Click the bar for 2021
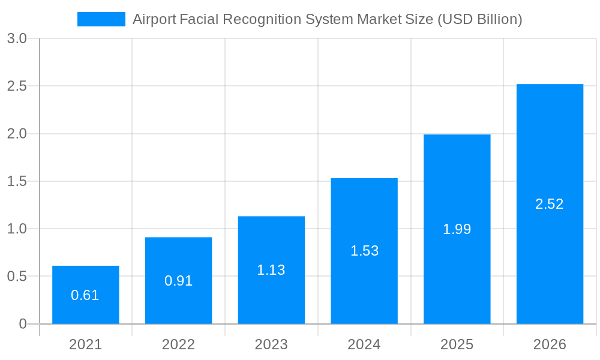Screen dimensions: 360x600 (x=85, y=312)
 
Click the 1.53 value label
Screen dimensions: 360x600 (x=364, y=251)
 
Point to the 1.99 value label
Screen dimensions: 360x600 (x=457, y=229)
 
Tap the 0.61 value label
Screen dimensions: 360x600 (x=85, y=295)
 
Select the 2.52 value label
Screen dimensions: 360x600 (x=550, y=204)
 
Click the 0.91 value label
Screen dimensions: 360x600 (x=178, y=281)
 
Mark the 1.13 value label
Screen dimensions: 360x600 (x=271, y=270)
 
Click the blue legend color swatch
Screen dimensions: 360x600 (x=101, y=19)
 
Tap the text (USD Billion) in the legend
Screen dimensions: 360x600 (x=479, y=19)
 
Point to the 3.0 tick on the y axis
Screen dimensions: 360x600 (x=17, y=38)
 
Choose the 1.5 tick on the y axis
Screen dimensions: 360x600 (x=17, y=181)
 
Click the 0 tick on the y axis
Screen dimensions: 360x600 (x=23, y=324)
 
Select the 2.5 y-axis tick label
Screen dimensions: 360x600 (x=17, y=86)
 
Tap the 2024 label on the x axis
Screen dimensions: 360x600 (x=364, y=344)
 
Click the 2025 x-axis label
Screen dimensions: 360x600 (x=457, y=344)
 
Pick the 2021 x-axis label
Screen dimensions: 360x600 (x=85, y=344)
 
